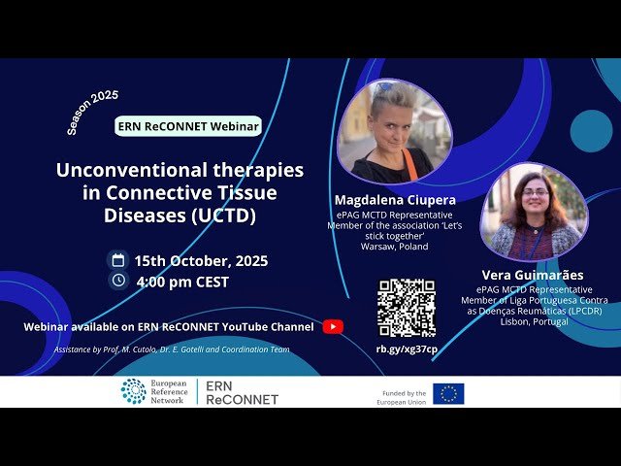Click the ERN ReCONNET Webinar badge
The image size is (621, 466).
[188, 126]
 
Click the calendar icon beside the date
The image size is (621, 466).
[118, 260]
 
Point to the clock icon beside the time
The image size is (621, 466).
[118, 281]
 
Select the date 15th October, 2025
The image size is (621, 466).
[201, 261]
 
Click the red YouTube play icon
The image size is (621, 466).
[333, 327]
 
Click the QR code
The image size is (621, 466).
[407, 308]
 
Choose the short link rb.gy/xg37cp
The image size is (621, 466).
[407, 349]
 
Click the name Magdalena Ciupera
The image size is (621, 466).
[396, 200]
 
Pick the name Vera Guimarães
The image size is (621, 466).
[533, 275]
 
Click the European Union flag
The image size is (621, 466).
[448, 393]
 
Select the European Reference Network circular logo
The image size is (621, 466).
[133, 391]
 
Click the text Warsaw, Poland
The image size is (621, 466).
[394, 247]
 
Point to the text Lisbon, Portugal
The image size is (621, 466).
[534, 321]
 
